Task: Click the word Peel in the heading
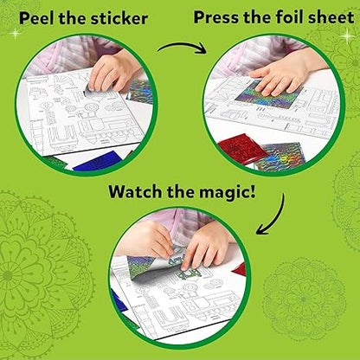click(37, 18)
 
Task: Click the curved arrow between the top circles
click(183, 47)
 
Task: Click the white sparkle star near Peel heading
click(15, 34)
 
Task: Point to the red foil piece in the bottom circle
click(240, 268)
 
